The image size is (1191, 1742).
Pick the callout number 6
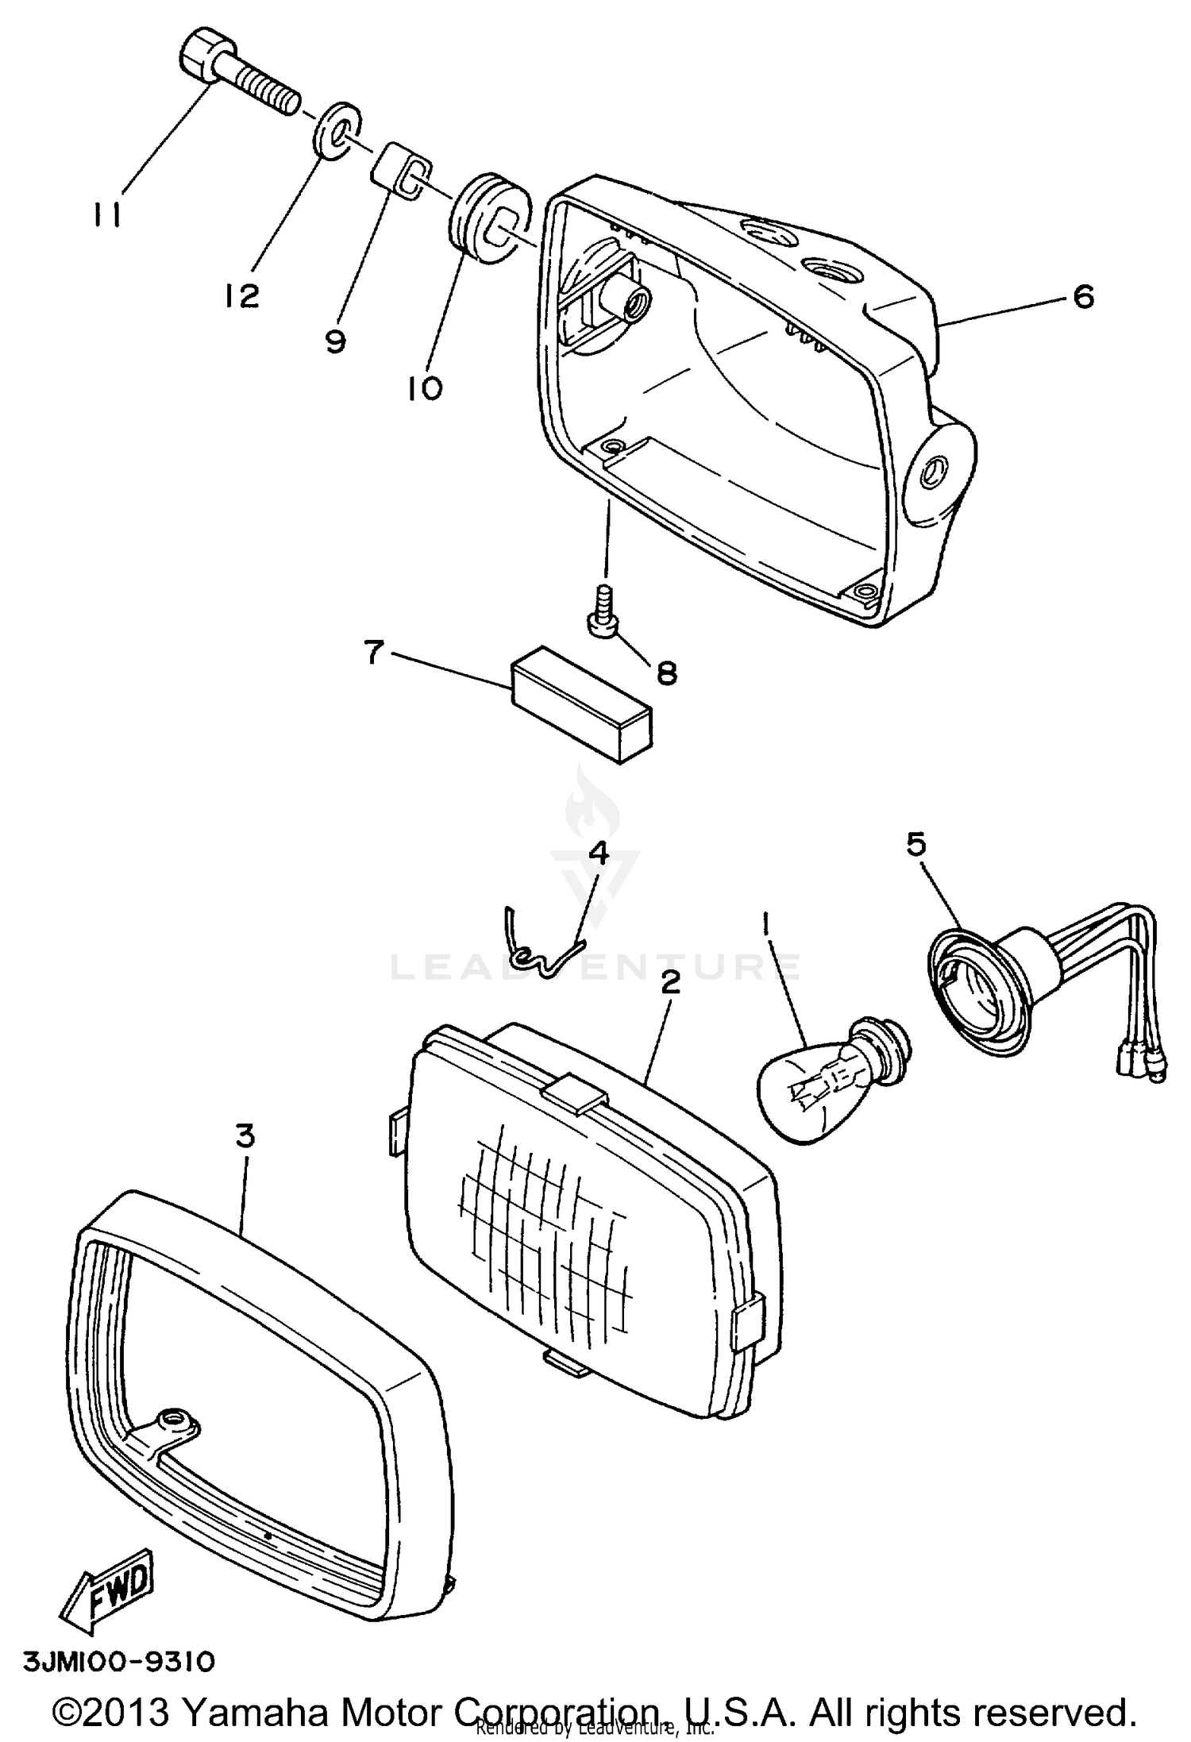1083,297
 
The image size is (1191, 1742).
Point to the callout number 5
915,844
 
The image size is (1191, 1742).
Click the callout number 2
671,982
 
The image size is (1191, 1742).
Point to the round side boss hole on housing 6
931,472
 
